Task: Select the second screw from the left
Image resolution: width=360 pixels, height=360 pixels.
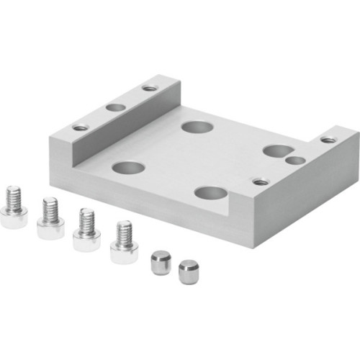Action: coord(50,218)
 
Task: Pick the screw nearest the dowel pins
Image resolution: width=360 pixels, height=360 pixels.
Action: coord(124,243)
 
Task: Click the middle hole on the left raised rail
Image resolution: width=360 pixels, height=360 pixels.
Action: coord(115,107)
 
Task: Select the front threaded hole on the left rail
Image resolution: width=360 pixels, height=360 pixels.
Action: coord(81,127)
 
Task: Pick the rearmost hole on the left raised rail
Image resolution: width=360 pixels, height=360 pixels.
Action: coord(149,88)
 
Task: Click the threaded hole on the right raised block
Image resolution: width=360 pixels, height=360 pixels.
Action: coord(328,139)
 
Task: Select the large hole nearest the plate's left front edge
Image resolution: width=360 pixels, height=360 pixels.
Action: coord(129,168)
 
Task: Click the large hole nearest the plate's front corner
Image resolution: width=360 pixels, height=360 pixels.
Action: coord(211,193)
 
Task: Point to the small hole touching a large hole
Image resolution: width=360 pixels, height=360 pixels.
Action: coord(293,160)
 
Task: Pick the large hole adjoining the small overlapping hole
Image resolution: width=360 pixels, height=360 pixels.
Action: coord(274,150)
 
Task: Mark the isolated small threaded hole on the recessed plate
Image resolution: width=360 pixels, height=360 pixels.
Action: coord(261,181)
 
